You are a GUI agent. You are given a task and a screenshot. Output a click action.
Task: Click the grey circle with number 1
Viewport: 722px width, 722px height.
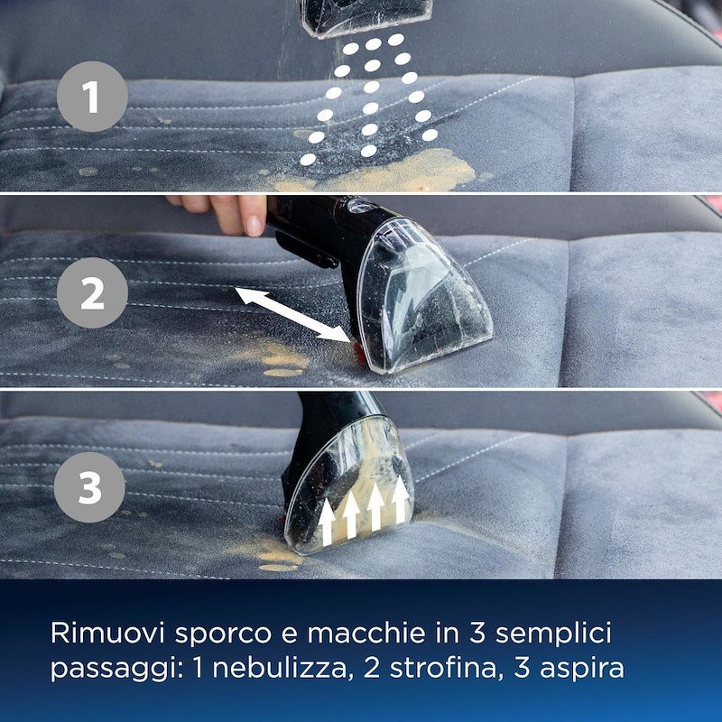click(x=92, y=97)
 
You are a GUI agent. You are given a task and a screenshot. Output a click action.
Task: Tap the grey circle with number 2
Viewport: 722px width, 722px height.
click(x=92, y=292)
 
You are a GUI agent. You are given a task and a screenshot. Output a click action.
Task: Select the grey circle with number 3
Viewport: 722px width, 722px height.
click(x=90, y=490)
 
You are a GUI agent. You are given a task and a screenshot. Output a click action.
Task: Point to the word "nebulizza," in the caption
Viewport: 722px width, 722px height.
click(x=281, y=669)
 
